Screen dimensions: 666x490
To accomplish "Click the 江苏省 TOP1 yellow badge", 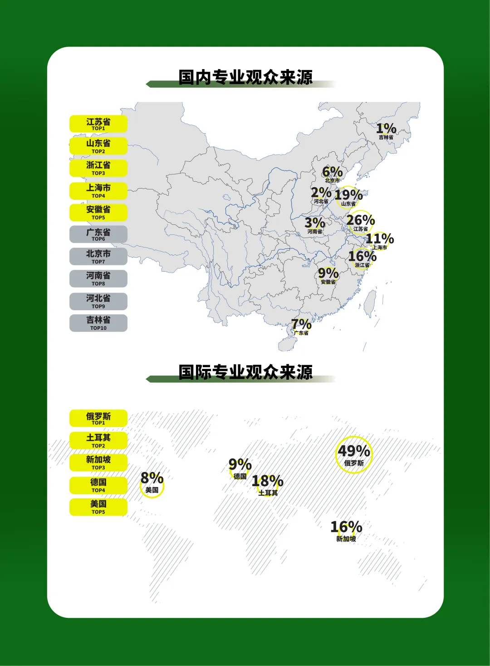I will pos(98,124).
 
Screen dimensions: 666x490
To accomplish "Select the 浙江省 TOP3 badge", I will pos(98,168).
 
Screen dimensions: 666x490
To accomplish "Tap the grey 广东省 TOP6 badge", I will pos(98,234).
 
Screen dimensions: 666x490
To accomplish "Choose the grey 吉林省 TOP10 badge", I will pos(98,323).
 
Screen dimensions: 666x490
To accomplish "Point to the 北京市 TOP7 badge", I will pos(98,256).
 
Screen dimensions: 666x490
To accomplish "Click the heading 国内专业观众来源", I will pos(245,77).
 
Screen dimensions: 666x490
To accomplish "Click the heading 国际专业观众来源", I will pos(245,372).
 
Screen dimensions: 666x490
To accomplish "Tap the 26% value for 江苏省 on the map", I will pos(361,220).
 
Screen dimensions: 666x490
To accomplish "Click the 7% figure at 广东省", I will pos(301,324).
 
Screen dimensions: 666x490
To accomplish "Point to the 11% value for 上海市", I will pos(380,239).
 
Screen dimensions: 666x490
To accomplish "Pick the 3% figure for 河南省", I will pos(314,223).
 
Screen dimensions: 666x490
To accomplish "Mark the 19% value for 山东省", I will pos(348,195).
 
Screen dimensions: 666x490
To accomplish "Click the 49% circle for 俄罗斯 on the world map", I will pos(354,454).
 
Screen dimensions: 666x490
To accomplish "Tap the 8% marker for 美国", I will pos(152,482).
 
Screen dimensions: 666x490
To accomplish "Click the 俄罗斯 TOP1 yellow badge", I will pos(98,418).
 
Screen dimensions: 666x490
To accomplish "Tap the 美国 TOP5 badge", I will pos(98,507).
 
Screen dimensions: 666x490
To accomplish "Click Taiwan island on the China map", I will pos(371,303).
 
